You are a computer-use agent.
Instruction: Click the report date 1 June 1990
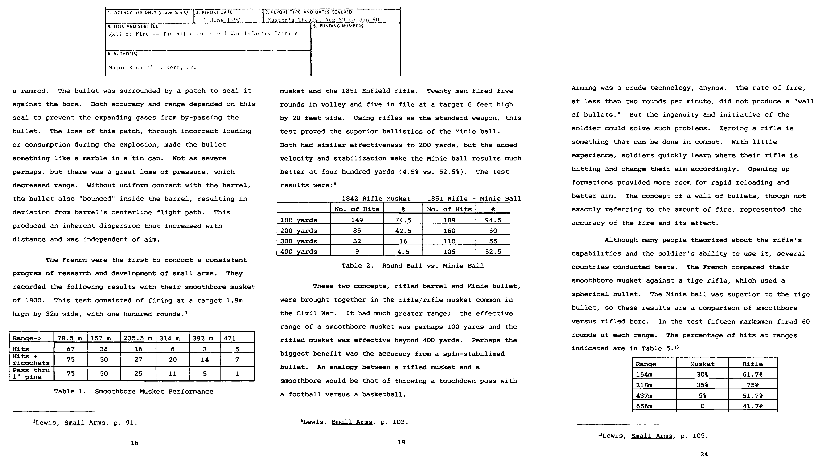tap(222, 20)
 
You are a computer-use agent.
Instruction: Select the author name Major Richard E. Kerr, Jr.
tap(152, 68)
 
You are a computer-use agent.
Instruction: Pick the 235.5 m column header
tap(138, 338)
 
